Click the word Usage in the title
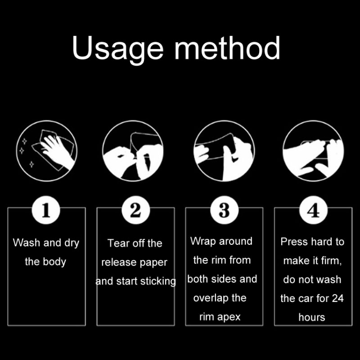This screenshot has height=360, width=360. click(118, 49)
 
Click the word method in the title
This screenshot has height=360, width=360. click(228, 48)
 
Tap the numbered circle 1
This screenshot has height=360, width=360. click(46, 210)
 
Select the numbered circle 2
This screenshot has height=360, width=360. click(135, 210)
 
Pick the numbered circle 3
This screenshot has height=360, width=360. click(224, 210)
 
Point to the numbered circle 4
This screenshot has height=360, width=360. click(313, 210)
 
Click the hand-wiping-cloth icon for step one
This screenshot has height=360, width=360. click(47, 151)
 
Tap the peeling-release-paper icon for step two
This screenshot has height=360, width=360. click(133, 151)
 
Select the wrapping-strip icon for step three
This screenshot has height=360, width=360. click(224, 151)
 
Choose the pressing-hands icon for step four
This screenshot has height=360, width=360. click(313, 151)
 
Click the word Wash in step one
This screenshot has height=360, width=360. click(26, 243)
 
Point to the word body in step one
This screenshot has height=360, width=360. click(54, 262)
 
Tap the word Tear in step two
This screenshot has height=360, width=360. click(117, 243)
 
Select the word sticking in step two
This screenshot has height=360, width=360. click(157, 281)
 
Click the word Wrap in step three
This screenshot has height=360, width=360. click(203, 241)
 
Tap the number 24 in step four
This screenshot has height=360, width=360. click(338, 299)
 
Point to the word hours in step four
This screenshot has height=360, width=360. click(312, 317)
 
